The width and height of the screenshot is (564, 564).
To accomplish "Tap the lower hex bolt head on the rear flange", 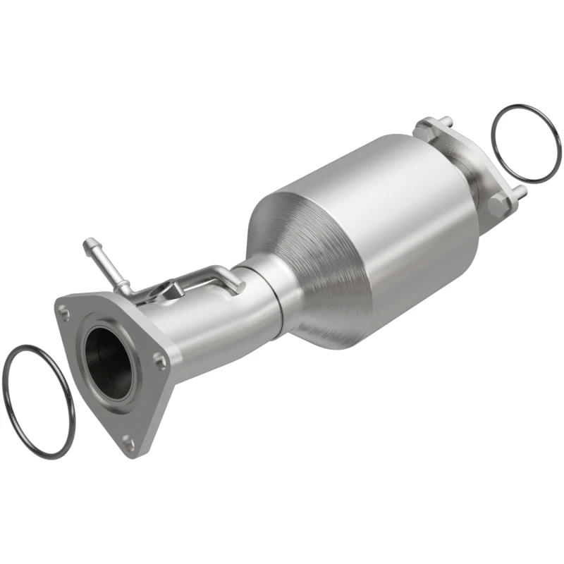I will (x=498, y=204).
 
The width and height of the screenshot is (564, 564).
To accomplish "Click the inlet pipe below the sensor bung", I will (x=204, y=331).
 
